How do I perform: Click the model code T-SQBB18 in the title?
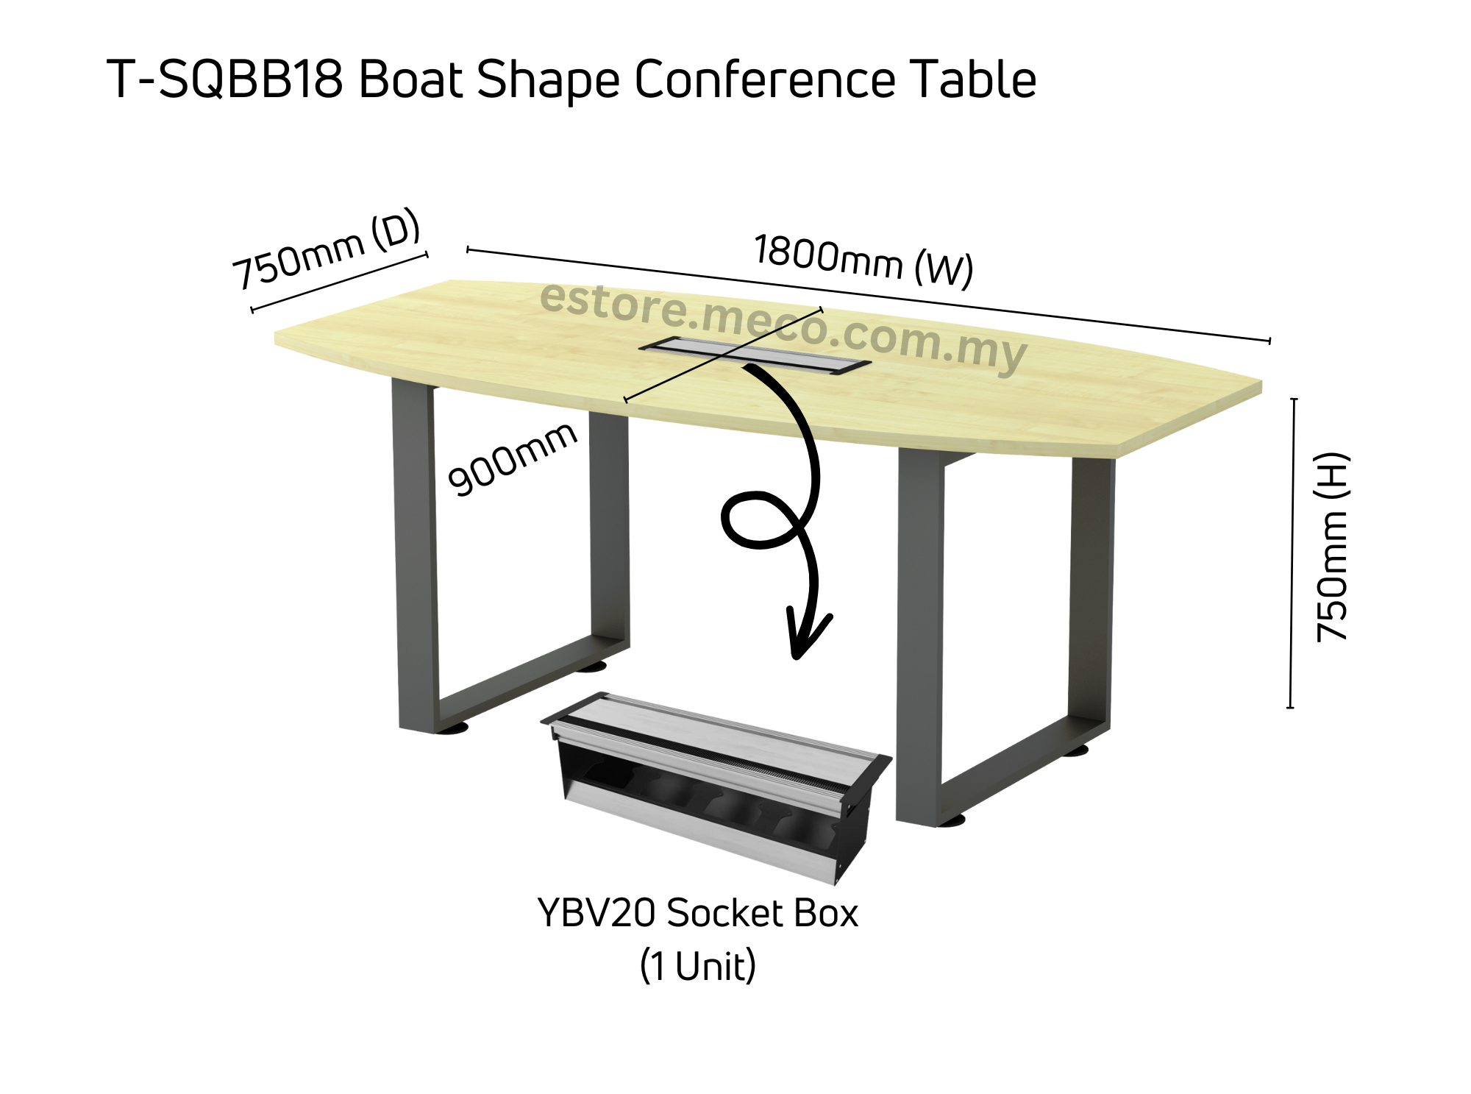(x=225, y=79)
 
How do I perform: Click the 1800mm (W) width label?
(x=864, y=260)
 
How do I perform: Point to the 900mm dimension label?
(x=512, y=459)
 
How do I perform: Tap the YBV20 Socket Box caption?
(x=697, y=914)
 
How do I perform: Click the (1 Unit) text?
(x=697, y=966)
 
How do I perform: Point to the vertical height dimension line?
(x=1292, y=552)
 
